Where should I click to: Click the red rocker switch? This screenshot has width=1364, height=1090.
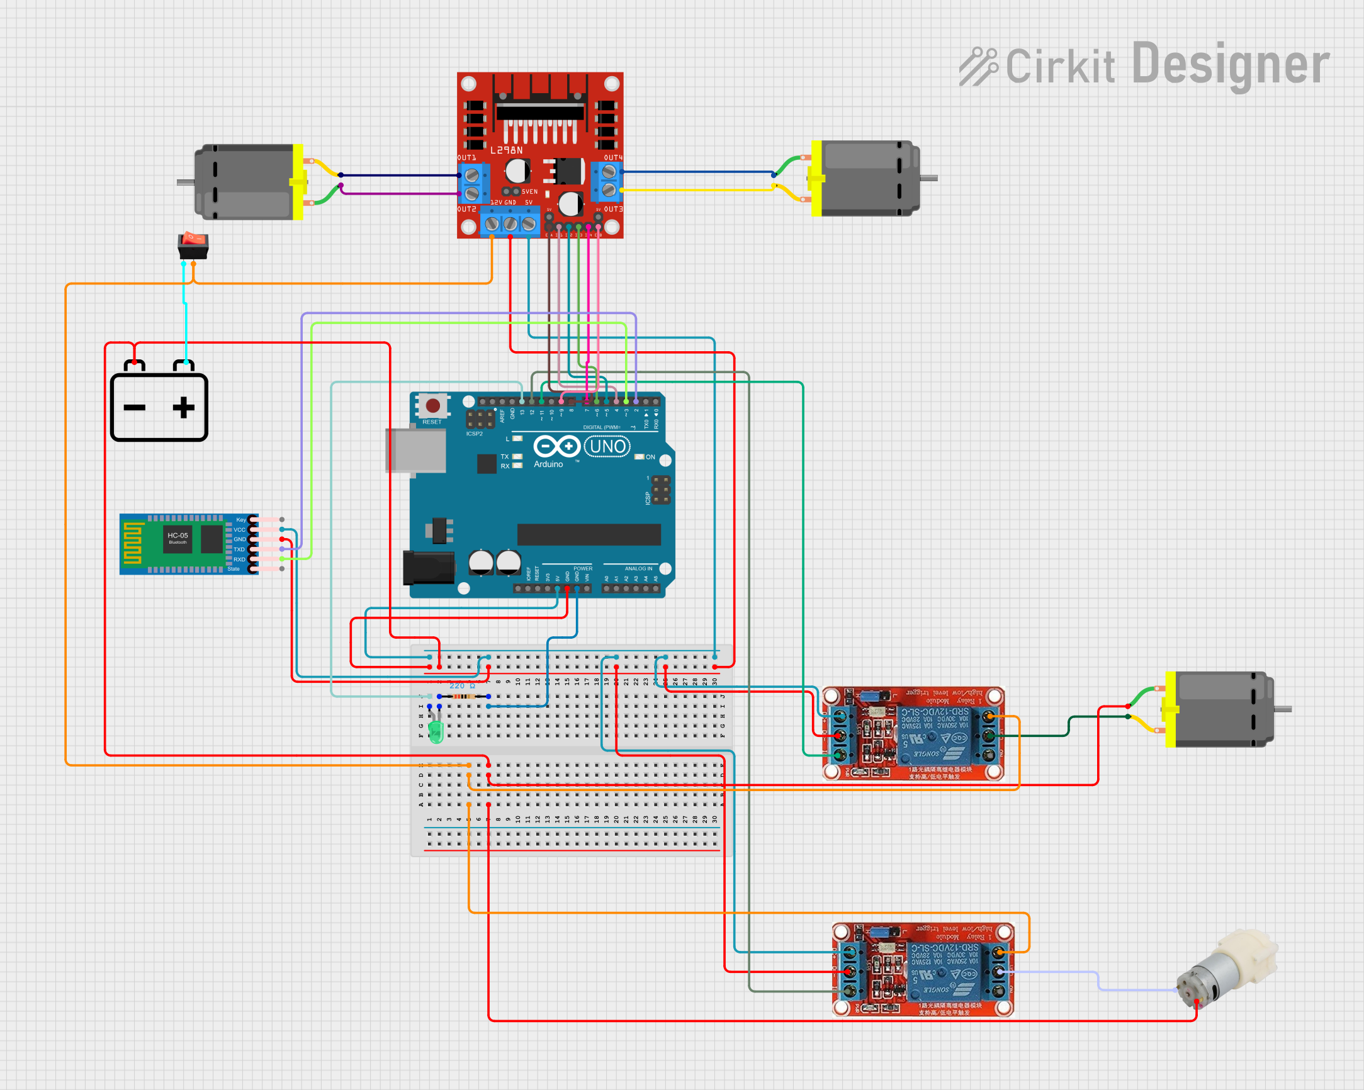click(x=193, y=245)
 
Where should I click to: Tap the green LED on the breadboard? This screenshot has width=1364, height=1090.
click(x=436, y=730)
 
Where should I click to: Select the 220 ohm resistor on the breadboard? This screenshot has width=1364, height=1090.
click(x=464, y=697)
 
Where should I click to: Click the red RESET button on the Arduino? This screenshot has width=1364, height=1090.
click(x=432, y=405)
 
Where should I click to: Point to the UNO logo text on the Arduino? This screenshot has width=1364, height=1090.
click(x=607, y=447)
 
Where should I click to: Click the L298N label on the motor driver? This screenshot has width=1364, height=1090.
click(x=506, y=150)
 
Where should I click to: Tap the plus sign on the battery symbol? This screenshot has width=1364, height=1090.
click(x=183, y=407)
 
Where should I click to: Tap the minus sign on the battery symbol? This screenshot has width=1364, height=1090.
click(x=134, y=407)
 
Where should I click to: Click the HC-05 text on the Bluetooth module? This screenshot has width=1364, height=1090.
click(x=177, y=535)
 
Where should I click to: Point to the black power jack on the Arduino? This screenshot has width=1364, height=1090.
click(x=428, y=568)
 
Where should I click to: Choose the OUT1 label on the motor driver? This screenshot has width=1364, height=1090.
click(x=467, y=157)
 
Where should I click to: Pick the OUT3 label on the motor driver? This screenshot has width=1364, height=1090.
click(x=613, y=209)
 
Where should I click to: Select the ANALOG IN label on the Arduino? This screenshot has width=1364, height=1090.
click(x=638, y=568)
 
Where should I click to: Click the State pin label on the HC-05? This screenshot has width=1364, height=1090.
click(x=234, y=569)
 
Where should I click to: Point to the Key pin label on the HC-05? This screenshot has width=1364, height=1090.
click(x=240, y=520)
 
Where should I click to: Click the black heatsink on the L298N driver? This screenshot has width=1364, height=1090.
click(x=539, y=95)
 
